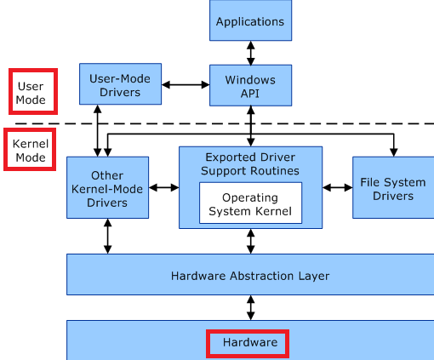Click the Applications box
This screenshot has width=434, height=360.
(x=250, y=20)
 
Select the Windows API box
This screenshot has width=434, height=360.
(x=250, y=85)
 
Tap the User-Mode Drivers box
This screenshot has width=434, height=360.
(x=120, y=84)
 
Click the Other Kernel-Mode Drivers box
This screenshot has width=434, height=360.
(x=107, y=187)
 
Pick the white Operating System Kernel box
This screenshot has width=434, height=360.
(x=250, y=203)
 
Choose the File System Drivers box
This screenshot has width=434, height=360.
(x=393, y=187)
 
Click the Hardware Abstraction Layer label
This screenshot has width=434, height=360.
(x=250, y=276)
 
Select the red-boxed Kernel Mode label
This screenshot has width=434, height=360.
(x=31, y=151)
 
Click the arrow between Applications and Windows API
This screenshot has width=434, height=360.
(x=251, y=53)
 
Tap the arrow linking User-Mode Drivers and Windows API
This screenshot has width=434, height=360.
(x=186, y=84)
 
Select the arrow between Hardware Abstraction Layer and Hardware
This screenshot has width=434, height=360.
(x=251, y=308)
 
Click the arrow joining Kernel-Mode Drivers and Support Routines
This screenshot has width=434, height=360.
(x=164, y=187)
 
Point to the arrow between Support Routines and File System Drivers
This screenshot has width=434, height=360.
(x=338, y=187)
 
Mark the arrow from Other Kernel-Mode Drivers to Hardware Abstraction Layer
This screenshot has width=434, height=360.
(x=107, y=236)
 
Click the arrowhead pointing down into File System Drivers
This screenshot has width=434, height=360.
(x=394, y=152)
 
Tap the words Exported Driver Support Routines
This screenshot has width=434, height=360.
(x=250, y=164)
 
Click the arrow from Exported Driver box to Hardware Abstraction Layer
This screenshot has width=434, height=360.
(x=251, y=241)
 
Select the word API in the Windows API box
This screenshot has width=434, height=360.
(x=250, y=94)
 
